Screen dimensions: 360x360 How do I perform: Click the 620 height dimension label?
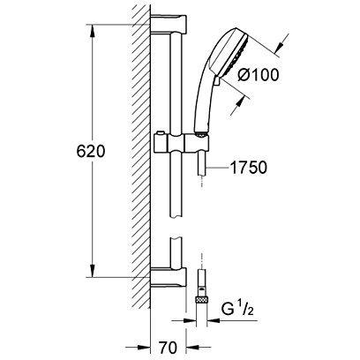(91, 152)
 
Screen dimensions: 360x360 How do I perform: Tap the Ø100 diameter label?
(259, 75)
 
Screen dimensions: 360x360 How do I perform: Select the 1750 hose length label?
(249, 168)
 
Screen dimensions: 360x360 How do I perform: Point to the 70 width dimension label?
(168, 348)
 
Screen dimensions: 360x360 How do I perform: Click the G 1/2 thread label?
(237, 310)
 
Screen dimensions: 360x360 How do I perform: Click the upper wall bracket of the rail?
(169, 23)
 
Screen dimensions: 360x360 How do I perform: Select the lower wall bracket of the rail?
(169, 277)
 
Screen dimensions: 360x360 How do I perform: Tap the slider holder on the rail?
(182, 143)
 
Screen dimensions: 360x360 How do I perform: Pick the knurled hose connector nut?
(201, 300)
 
